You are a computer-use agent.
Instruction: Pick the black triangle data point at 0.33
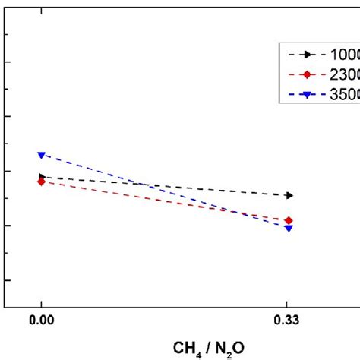[289, 196]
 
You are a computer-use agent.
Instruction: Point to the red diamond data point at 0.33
[289, 220]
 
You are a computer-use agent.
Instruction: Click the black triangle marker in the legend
[308, 55]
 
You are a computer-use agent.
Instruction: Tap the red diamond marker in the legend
[308, 74]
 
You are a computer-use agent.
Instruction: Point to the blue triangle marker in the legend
[308, 94]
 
